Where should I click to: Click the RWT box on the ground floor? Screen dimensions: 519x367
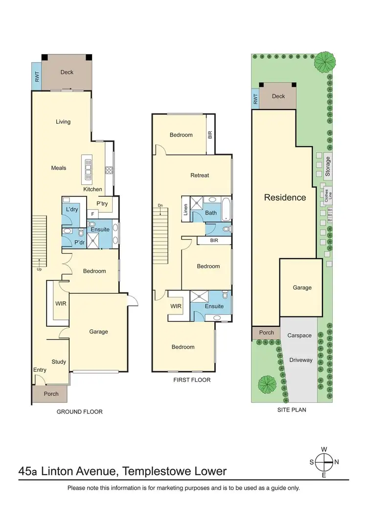click(37, 76)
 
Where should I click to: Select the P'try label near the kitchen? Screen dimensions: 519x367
click(102, 203)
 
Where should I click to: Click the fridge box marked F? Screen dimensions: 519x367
click(92, 214)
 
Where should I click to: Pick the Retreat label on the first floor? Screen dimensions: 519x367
click(200, 175)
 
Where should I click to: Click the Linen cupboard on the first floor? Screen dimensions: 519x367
click(185, 209)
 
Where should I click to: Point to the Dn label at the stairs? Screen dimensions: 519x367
click(160, 205)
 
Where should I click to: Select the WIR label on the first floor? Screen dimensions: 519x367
click(176, 306)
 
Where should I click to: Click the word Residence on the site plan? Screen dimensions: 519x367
click(285, 198)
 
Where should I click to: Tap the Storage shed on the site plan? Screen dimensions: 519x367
click(328, 166)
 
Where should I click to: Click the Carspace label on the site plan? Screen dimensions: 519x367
click(299, 336)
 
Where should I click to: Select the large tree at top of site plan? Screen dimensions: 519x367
click(324, 61)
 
